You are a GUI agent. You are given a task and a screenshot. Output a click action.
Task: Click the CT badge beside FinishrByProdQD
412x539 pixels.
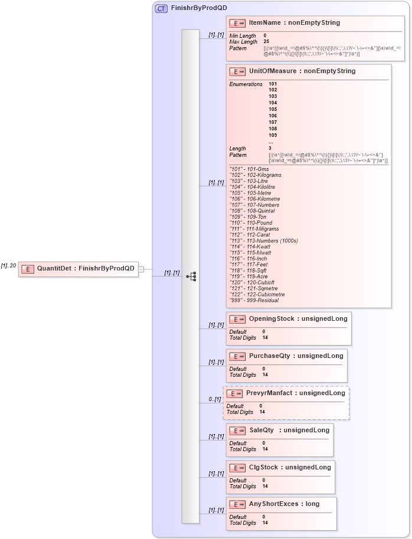(x=161, y=9)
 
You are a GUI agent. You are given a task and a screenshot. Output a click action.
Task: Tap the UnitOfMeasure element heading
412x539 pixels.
(x=302, y=71)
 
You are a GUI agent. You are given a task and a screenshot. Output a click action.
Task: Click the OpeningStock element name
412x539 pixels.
(x=297, y=318)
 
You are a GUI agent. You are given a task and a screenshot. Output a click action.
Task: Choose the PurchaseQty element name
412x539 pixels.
(x=295, y=356)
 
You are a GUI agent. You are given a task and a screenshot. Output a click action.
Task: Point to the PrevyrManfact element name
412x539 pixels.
(x=295, y=393)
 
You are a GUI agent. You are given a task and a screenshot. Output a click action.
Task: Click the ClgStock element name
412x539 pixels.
(x=289, y=467)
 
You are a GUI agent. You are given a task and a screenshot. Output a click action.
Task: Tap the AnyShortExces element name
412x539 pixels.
(x=284, y=504)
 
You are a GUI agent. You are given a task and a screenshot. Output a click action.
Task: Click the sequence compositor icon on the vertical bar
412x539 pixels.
(x=191, y=275)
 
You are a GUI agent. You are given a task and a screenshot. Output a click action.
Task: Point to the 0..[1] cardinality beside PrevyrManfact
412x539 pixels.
(x=214, y=399)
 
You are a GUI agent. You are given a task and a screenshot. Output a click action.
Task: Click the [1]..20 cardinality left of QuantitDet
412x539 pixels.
(x=8, y=266)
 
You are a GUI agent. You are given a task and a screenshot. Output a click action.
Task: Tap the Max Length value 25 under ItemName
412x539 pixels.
(x=266, y=42)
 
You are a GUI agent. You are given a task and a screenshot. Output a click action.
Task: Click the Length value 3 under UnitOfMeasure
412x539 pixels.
(x=270, y=148)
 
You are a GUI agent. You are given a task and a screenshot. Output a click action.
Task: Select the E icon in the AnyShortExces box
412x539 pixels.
(x=237, y=505)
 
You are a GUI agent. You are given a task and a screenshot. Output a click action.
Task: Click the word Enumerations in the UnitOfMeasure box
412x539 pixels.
(x=246, y=84)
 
